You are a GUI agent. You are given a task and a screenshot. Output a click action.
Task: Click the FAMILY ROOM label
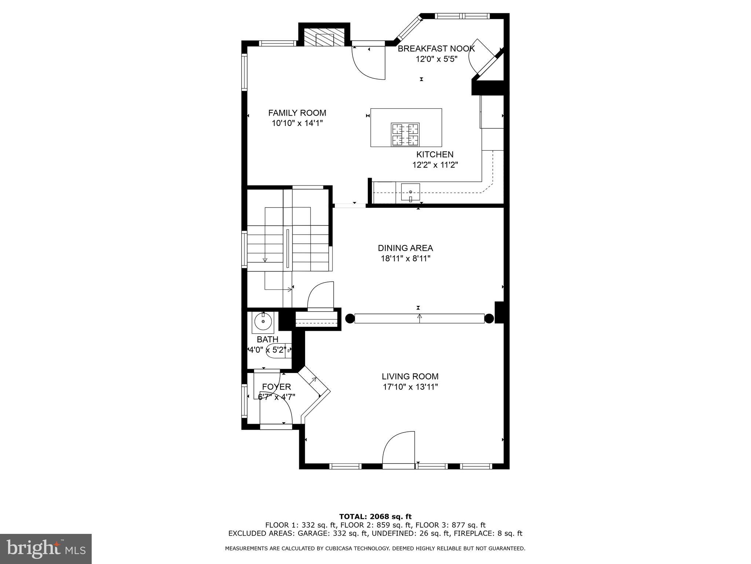click(297, 113)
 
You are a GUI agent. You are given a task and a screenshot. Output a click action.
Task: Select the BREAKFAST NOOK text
click(436, 48)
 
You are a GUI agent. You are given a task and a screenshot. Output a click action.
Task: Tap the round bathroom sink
click(263, 322)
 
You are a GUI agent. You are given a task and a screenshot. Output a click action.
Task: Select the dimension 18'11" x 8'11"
click(405, 258)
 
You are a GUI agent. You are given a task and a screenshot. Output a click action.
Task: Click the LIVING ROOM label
click(410, 376)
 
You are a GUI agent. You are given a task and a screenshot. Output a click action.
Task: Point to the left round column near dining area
click(349, 318)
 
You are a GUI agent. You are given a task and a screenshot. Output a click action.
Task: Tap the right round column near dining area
click(489, 318)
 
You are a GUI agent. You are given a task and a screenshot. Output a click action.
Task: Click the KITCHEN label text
click(435, 155)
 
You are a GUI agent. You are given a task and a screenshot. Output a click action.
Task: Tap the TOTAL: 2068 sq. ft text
click(375, 517)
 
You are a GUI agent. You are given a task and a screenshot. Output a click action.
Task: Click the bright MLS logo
click(46, 549)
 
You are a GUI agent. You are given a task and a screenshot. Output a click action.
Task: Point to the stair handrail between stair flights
click(288, 248)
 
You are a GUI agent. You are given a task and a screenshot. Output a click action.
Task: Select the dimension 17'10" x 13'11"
click(410, 387)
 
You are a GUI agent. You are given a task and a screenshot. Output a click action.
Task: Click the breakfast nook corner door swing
click(480, 57)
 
